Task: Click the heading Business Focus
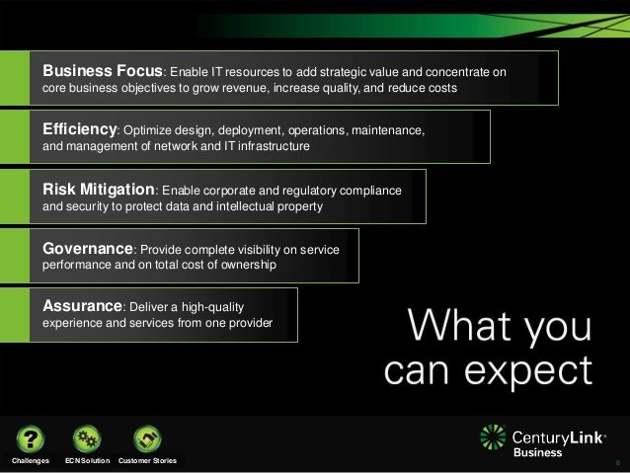(102, 70)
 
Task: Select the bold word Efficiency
(80, 128)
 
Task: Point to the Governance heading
(87, 248)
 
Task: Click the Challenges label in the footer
(31, 461)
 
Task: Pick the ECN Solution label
(87, 461)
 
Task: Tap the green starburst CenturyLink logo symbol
(493, 437)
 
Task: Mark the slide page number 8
(616, 462)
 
